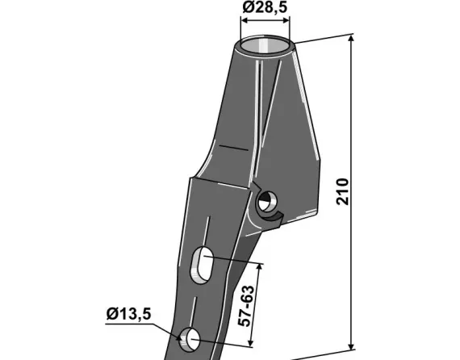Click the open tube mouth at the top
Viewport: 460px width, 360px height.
point(266,42)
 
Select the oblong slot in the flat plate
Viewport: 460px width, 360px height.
point(202,266)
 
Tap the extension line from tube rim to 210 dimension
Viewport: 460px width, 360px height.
point(323,39)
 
